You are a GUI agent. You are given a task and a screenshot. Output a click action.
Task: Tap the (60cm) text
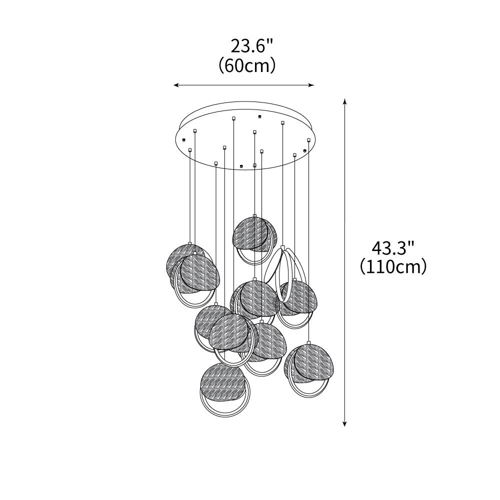click(x=247, y=65)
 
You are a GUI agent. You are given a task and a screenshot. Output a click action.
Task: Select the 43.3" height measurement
click(x=393, y=248)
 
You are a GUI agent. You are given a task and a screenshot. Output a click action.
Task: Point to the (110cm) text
click(x=393, y=267)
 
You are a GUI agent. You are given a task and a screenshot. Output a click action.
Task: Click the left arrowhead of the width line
click(x=175, y=85)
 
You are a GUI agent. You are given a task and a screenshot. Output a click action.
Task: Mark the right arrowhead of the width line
click(x=312, y=85)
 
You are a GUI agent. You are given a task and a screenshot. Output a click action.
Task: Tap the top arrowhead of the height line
click(x=344, y=101)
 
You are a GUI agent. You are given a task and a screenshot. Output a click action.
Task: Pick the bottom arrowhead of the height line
click(x=344, y=423)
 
